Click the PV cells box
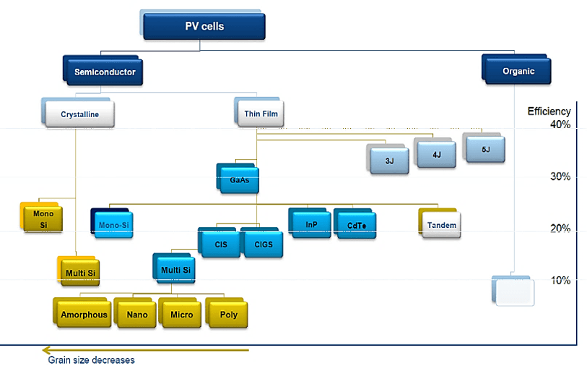coord(204,27)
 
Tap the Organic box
coord(518,71)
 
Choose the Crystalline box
coord(79,114)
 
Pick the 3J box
coord(389,160)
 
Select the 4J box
coord(435,154)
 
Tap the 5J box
coord(484,149)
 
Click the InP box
coord(311,224)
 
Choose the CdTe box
coord(356,225)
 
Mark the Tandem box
coord(441,225)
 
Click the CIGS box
coord(263,244)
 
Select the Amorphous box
coord(84,314)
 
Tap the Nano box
coord(136,314)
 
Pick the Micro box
coord(181,314)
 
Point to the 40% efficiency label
coord(559,124)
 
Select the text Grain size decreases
coord(91,359)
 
